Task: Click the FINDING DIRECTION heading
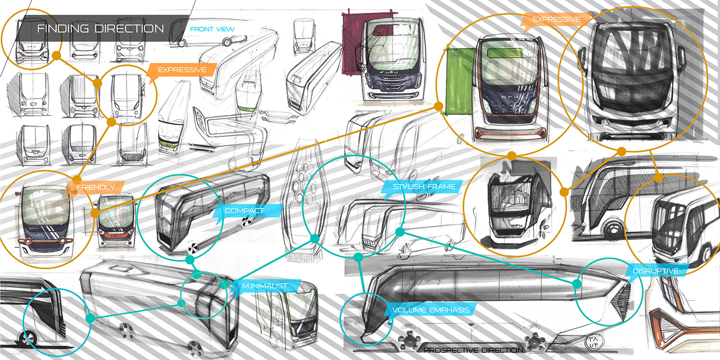tap(100, 28)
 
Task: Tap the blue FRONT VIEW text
tap(212, 29)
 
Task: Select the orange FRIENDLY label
tap(96, 187)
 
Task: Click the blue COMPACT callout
tap(244, 210)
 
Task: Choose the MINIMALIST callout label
tap(264, 285)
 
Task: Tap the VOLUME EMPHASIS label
tap(430, 310)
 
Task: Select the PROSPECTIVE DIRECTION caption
tap(473, 350)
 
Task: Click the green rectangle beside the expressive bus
tap(459, 80)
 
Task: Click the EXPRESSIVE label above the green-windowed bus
tap(556, 20)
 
